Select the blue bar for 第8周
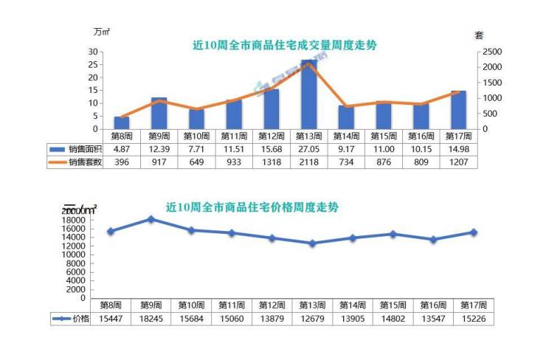[x=122, y=122]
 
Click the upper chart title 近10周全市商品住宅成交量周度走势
[x=284, y=45]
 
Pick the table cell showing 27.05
[x=308, y=149]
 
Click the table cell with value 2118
[x=308, y=162]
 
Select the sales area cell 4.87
[x=122, y=149]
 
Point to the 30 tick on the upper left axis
[x=94, y=52]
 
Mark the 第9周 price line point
[x=151, y=219]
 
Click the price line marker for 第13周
[x=312, y=243]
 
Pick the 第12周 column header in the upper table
[x=272, y=136]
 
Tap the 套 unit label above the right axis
[x=479, y=35]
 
